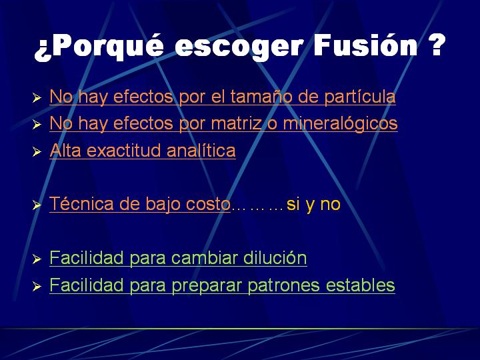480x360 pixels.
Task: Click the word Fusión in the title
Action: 365,45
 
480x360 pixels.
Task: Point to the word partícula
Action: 360,97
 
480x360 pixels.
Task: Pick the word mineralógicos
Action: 341,124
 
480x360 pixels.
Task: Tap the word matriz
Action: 237,123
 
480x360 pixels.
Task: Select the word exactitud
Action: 123,151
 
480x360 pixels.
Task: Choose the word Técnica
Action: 81,203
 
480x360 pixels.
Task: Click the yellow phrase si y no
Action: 313,205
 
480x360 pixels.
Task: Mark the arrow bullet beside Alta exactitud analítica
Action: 37,152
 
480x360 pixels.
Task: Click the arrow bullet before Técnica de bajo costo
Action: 37,205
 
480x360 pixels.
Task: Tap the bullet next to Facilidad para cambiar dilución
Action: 37,259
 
